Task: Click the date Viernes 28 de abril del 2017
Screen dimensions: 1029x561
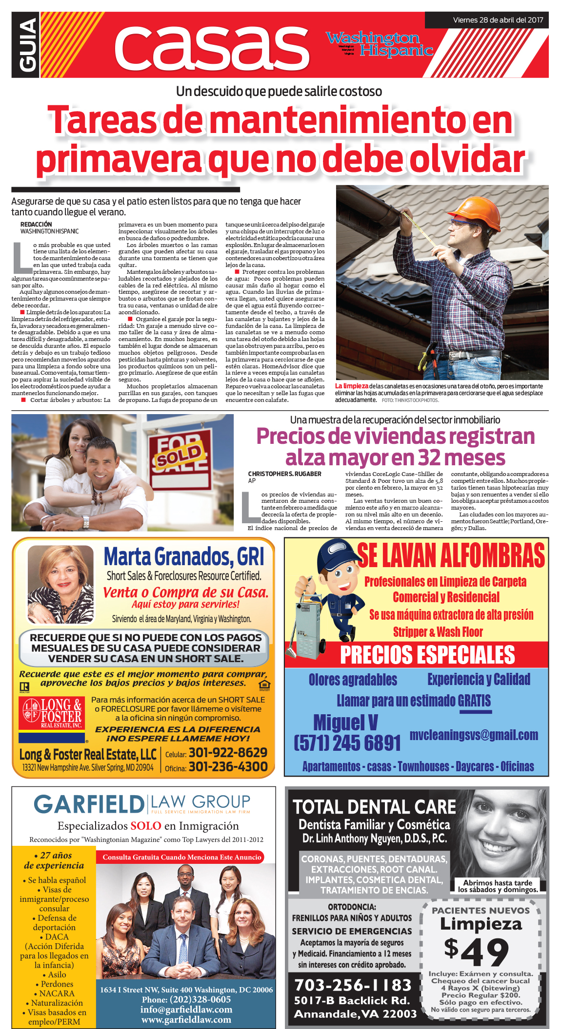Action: pyautogui.click(x=498, y=20)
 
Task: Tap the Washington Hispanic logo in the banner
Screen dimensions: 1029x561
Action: pyautogui.click(x=380, y=44)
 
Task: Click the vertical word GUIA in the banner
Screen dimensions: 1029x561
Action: pyautogui.click(x=26, y=45)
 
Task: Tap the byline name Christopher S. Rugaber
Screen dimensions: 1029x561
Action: pyautogui.click(x=284, y=474)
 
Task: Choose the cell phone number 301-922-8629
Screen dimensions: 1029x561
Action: pyautogui.click(x=228, y=752)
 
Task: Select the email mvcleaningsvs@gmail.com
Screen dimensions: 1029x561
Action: pyautogui.click(x=474, y=735)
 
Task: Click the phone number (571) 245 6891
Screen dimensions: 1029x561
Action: pyautogui.click(x=347, y=743)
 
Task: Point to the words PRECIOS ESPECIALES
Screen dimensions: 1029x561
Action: pyautogui.click(x=427, y=655)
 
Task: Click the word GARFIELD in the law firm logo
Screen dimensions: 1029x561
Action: pyautogui.click(x=89, y=804)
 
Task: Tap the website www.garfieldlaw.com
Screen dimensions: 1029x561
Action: pyautogui.click(x=186, y=1019)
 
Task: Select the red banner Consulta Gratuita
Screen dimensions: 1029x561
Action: pyautogui.click(x=182, y=857)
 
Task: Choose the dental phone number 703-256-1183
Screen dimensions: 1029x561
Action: pyautogui.click(x=353, y=985)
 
